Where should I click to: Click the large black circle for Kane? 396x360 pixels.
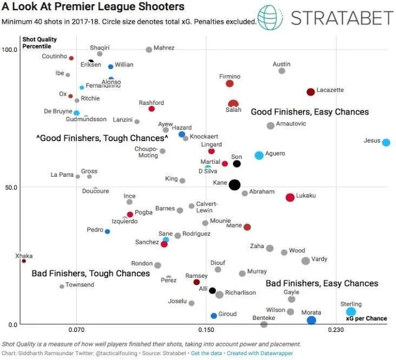[234, 184]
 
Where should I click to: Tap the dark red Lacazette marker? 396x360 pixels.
[311, 92]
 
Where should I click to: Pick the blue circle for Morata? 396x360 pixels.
[311, 321]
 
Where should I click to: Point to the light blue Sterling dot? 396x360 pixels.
[351, 311]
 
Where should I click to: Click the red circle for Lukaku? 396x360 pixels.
[290, 197]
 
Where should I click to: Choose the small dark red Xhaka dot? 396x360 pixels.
[24, 261]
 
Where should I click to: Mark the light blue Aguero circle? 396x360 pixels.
[259, 155]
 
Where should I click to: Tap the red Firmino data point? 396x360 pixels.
[229, 83]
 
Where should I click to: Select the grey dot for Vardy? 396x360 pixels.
[305, 261]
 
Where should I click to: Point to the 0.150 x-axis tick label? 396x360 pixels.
[206, 329]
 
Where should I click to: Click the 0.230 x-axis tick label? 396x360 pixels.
[336, 329]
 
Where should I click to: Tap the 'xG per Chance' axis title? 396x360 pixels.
[367, 318]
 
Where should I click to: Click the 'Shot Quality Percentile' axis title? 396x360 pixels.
[39, 42]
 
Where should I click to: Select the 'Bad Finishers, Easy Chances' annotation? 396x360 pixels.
[322, 283]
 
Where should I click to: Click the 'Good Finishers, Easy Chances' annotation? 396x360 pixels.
[309, 112]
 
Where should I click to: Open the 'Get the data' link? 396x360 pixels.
[206, 353]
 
